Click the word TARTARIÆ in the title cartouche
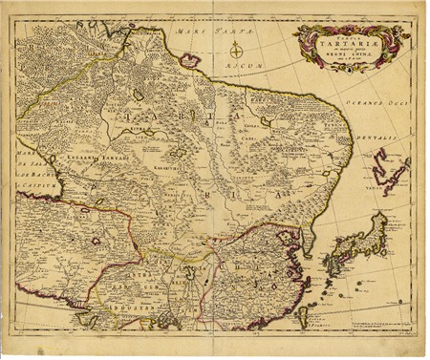[x=349, y=44]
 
